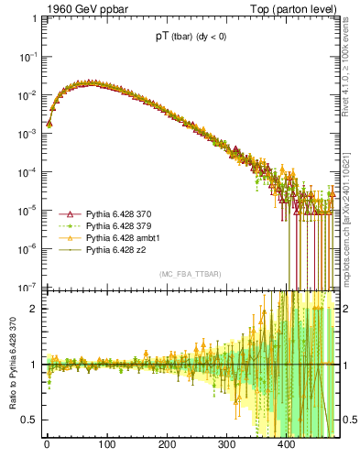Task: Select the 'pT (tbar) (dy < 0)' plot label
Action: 193,38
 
